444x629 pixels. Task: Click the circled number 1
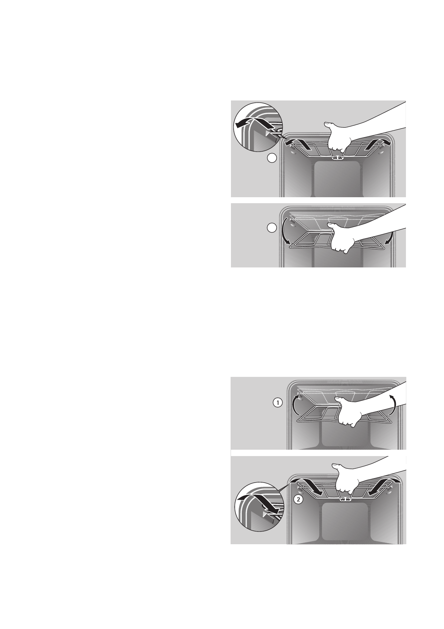(276, 403)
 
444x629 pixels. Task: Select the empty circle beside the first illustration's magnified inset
(272, 158)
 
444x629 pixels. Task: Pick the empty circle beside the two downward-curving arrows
(272, 227)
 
